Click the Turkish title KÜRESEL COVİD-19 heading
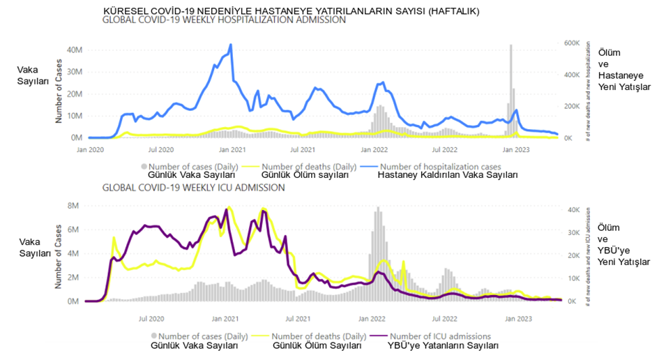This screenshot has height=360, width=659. pos(291,12)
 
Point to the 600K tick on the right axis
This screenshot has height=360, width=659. pos(571,43)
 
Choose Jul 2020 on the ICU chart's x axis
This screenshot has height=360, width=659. pos(151,318)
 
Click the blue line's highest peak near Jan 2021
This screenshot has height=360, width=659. pos(230,45)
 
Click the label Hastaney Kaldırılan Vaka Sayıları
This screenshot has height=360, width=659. pos(448,176)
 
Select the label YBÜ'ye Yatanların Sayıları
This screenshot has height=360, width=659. pos(438,345)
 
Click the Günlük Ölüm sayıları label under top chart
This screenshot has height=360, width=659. pos(307,176)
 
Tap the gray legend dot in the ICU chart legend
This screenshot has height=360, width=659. pos(144,336)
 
